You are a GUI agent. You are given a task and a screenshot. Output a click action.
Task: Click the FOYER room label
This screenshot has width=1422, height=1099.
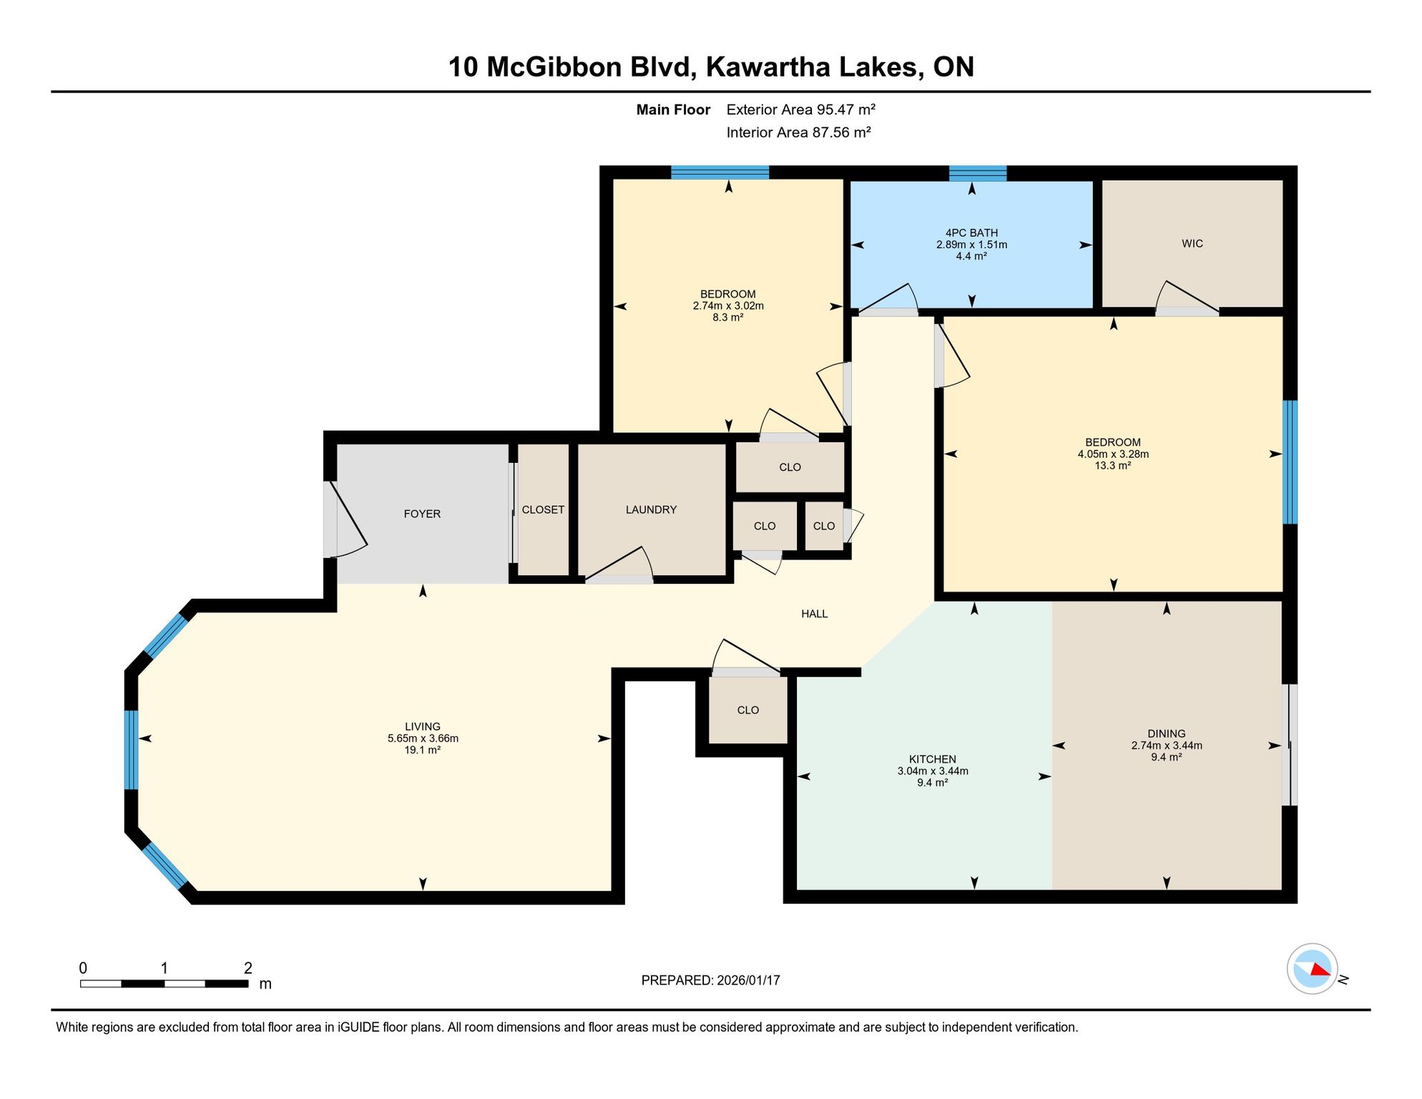tap(422, 514)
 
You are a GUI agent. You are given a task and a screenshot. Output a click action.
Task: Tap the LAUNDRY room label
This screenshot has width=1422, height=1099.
tap(651, 509)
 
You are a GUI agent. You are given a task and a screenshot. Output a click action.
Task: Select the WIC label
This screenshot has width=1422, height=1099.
tap(1192, 243)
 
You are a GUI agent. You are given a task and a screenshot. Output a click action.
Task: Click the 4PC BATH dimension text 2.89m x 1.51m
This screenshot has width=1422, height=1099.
tap(971, 245)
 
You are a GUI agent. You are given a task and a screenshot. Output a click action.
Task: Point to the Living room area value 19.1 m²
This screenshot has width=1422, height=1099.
tap(423, 750)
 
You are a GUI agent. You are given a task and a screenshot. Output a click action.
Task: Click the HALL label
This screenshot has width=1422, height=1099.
tap(814, 613)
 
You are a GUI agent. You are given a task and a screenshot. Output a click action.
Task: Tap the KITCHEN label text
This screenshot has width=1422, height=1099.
tap(933, 759)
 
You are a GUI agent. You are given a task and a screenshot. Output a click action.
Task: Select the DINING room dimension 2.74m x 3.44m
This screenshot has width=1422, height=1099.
tap(1167, 746)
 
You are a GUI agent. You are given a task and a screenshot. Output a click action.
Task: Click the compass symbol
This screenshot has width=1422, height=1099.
tap(1313, 969)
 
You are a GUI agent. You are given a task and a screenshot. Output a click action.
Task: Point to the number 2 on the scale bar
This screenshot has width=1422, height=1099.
tap(248, 968)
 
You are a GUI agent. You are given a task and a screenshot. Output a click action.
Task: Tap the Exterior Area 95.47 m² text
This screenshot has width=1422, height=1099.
tap(801, 109)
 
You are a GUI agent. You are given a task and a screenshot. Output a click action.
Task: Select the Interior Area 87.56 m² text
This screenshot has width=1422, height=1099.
tap(798, 132)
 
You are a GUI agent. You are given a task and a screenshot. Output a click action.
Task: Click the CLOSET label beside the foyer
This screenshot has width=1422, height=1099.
tap(543, 509)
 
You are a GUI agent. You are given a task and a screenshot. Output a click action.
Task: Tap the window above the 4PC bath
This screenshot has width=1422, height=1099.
tap(978, 172)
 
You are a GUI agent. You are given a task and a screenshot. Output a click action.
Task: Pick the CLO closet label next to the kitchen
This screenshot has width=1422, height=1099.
tap(748, 710)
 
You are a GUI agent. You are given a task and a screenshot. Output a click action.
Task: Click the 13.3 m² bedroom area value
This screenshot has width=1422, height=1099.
tap(1113, 466)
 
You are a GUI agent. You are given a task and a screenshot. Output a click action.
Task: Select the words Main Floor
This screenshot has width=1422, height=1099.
tap(673, 109)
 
